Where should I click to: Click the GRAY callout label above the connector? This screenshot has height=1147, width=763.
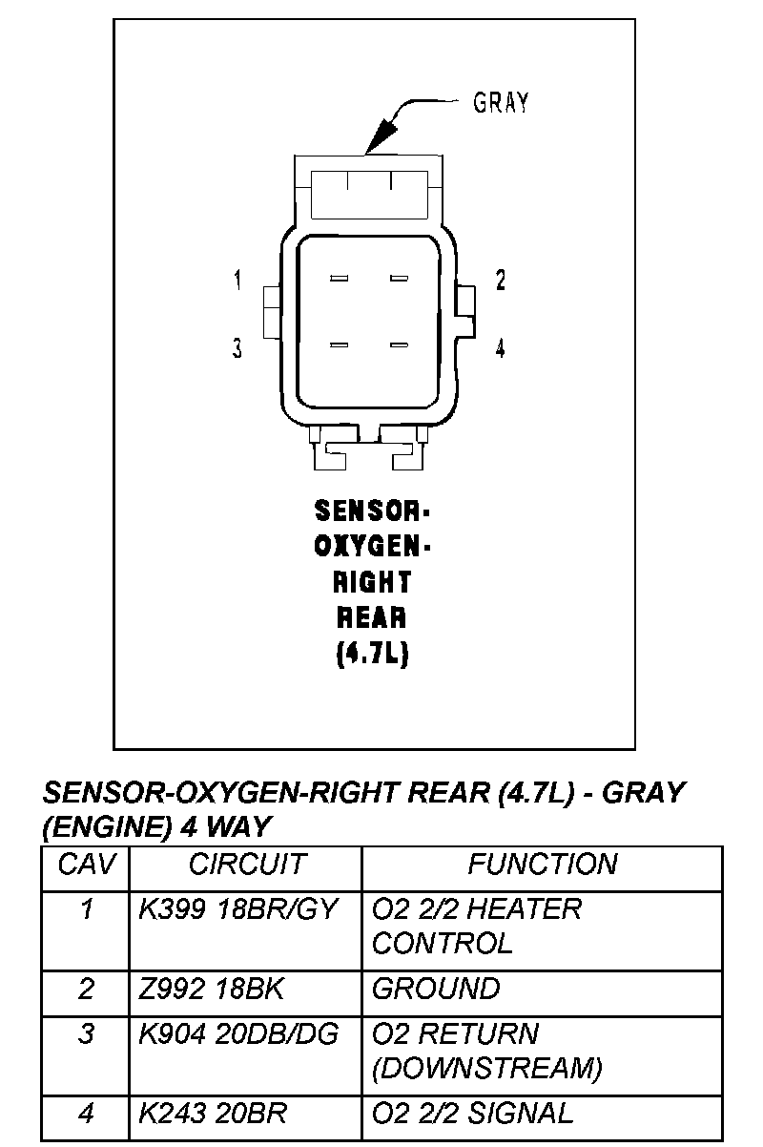click(501, 103)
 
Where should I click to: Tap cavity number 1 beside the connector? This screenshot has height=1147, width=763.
click(237, 280)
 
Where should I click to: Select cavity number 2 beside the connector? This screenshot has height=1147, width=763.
click(500, 280)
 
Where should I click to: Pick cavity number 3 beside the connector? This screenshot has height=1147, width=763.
click(237, 348)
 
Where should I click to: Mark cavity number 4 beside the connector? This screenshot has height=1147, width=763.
click(500, 348)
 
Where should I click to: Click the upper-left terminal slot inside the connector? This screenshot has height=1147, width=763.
click(339, 279)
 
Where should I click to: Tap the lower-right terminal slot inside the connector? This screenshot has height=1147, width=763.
click(399, 344)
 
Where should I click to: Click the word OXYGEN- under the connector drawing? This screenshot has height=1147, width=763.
click(373, 547)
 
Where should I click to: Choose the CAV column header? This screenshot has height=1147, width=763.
click(86, 865)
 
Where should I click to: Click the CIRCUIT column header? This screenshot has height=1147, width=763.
click(247, 865)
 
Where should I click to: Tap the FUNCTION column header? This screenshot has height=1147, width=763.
click(542, 865)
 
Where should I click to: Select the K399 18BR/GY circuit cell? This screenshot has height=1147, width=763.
click(238, 909)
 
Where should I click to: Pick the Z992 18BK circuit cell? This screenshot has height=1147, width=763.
click(212, 990)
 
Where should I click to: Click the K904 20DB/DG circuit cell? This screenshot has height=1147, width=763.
click(238, 1034)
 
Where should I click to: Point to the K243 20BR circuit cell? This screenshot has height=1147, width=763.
click(213, 1113)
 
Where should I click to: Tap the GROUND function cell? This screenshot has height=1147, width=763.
click(435, 990)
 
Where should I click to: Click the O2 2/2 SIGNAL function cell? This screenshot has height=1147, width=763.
click(472, 1113)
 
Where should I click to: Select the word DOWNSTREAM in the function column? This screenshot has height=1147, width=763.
click(486, 1069)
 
